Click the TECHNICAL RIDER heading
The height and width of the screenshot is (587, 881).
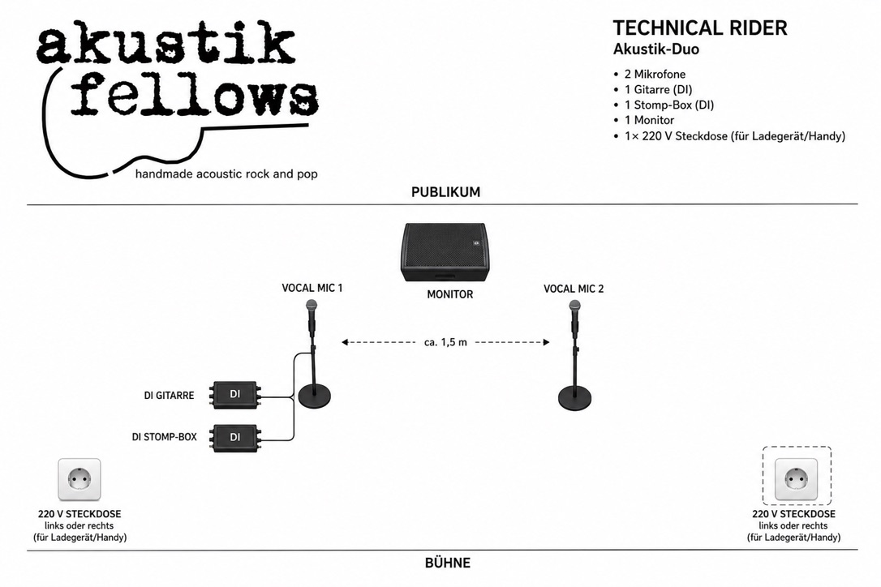click(699, 28)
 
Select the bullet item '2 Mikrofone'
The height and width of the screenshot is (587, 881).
click(655, 74)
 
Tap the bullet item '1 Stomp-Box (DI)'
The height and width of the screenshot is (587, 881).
click(668, 105)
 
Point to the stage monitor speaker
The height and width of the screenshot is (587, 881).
click(444, 252)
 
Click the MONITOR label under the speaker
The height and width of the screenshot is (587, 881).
click(450, 294)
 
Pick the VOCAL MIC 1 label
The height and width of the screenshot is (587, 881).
click(312, 288)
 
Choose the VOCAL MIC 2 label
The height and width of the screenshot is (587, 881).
click(574, 289)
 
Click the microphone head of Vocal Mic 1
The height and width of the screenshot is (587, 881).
click(312, 306)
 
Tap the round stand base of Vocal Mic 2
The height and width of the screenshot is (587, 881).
click(574, 398)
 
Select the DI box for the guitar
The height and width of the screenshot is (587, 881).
click(235, 394)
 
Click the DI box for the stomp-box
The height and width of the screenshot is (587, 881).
click(235, 438)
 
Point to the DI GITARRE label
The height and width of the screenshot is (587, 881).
click(169, 396)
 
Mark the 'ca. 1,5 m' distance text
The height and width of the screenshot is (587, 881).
click(445, 342)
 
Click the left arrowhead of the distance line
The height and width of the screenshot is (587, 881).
click(345, 342)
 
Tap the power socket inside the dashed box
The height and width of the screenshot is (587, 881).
click(796, 479)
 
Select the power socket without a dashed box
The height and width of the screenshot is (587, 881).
click(80, 479)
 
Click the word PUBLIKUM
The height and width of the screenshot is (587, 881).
click(445, 192)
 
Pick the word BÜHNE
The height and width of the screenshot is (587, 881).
click(447, 563)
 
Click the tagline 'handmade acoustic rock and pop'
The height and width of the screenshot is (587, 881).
click(226, 174)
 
